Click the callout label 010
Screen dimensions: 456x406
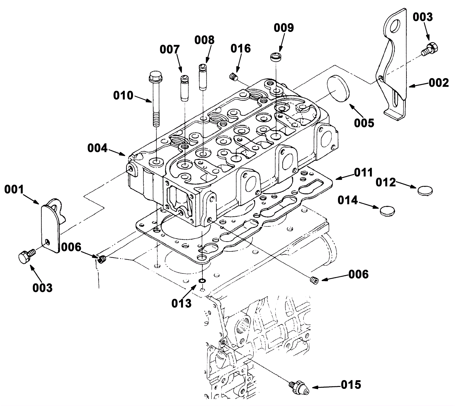coord(123,96)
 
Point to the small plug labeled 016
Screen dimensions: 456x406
coord(233,76)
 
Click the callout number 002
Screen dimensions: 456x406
coord(439,83)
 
